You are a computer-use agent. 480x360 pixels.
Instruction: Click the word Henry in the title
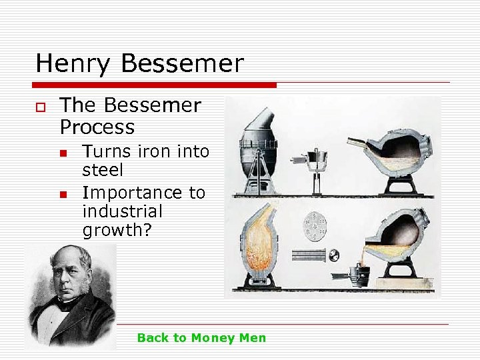[x=72, y=64]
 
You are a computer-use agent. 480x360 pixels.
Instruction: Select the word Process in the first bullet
[x=97, y=127]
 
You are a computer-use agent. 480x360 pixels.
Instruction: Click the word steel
[x=103, y=171]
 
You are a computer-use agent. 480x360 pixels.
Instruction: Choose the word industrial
[x=122, y=212]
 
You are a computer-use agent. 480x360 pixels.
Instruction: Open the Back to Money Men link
[x=201, y=338]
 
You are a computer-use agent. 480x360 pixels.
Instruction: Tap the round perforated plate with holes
[x=313, y=225]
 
